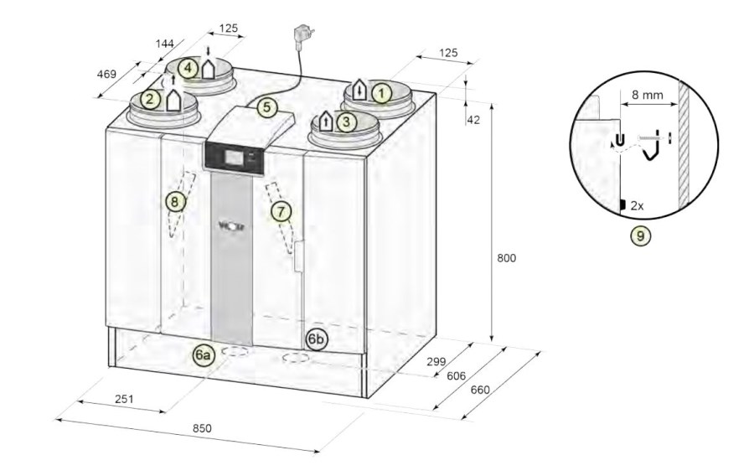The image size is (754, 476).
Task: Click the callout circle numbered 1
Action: [x=381, y=93]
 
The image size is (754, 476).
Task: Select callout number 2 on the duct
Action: [x=150, y=100]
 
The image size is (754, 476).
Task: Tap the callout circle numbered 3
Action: [x=346, y=122]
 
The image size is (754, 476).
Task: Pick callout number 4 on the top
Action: [x=188, y=68]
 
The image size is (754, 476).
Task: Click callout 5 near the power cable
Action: [x=267, y=107]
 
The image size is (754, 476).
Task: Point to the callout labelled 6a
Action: [x=203, y=354]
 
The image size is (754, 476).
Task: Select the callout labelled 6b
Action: [x=317, y=339]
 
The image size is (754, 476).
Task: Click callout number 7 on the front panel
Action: [x=281, y=211]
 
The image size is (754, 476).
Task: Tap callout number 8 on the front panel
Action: [x=175, y=202]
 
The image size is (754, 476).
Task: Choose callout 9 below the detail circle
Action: [x=640, y=235]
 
